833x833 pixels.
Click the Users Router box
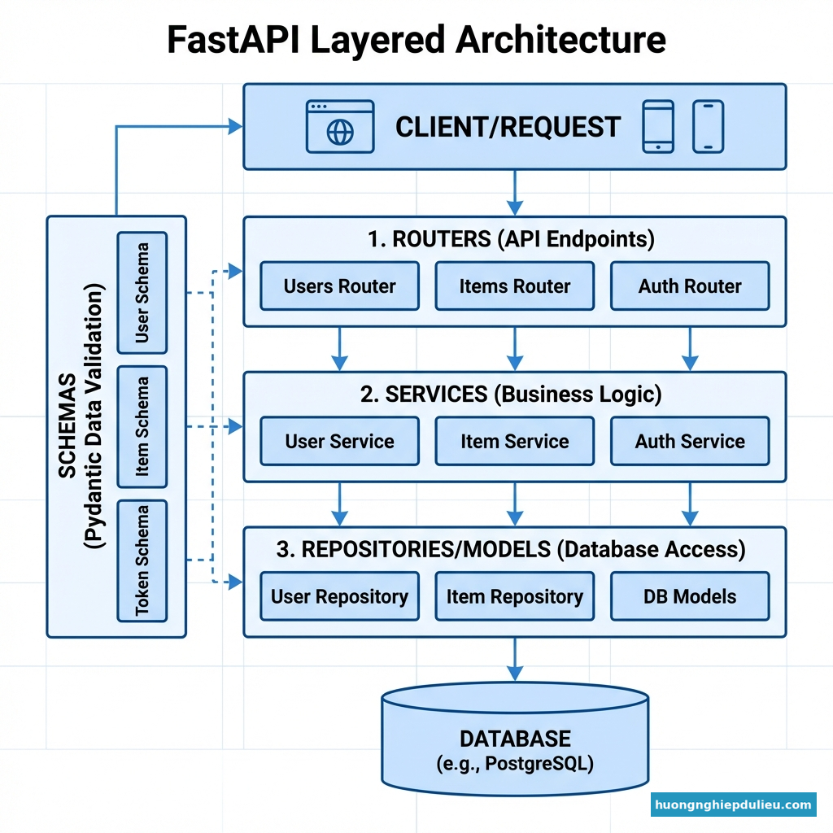339,286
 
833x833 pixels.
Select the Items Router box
514,286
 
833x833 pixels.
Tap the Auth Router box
690,286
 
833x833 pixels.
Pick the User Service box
339,442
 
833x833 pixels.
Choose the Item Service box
514,442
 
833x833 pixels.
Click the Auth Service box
690,442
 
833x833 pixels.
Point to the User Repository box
339,596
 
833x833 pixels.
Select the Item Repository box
514,596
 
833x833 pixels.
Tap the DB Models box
690,596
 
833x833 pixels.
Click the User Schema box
142,293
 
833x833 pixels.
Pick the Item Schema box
142,426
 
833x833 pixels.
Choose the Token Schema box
142,560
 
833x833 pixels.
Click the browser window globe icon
340,133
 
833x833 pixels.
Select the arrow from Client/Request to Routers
514,193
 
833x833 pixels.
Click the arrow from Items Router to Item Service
514,349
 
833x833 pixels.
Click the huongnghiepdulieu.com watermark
733,805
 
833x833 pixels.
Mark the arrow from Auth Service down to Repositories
690,504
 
